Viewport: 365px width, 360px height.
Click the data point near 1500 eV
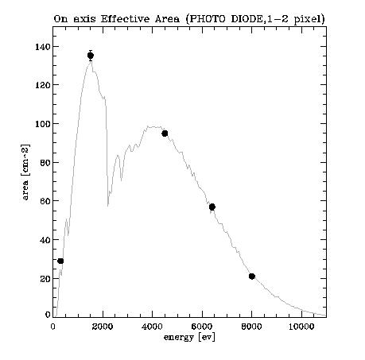(91, 56)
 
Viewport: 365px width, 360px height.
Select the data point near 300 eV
(60, 261)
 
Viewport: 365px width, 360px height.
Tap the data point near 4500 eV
(165, 134)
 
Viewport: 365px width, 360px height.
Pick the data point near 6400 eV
(212, 207)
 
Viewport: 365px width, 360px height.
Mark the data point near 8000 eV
(252, 277)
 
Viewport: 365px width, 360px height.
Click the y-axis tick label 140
(42, 47)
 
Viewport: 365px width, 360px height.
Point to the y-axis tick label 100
(42, 124)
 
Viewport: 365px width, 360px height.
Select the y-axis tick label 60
(45, 201)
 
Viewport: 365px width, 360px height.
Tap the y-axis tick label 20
(45, 279)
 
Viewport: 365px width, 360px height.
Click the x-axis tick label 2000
(103, 327)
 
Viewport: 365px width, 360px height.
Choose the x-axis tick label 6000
(202, 327)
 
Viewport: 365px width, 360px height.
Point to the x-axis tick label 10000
(301, 327)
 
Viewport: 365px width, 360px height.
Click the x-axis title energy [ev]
(189, 338)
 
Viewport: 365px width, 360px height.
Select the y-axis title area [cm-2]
(25, 172)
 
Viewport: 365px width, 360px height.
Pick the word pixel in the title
(308, 19)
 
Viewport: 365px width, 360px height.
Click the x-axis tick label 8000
(252, 327)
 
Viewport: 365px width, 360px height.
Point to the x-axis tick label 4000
(152, 327)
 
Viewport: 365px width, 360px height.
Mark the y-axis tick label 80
(45, 162)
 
